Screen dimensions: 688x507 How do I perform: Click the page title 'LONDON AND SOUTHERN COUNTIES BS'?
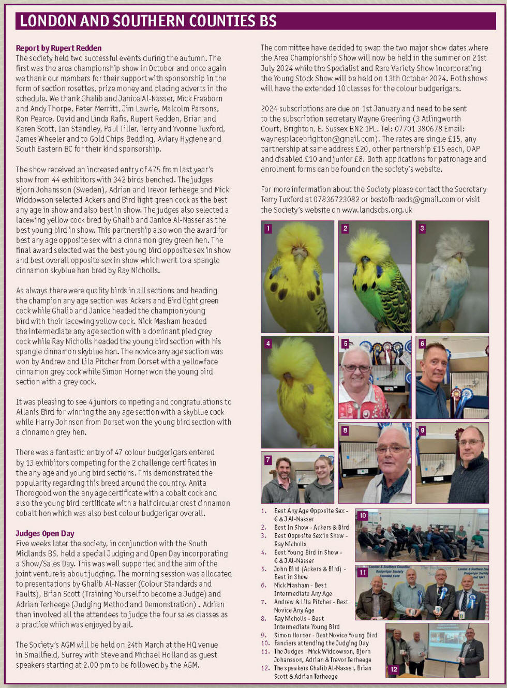coord(148,21)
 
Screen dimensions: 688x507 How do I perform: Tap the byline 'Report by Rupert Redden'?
coord(58,48)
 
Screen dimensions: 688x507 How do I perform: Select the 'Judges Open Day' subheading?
coord(45,533)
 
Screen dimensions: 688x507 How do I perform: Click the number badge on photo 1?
coord(268,228)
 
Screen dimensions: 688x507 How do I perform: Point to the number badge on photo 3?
coord(422,228)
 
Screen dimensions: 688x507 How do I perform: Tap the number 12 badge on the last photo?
coord(394,669)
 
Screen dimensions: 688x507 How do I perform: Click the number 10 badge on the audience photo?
coord(363,515)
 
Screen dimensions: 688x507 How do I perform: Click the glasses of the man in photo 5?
coord(356,368)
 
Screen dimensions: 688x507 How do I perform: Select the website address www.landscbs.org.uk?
coord(377,210)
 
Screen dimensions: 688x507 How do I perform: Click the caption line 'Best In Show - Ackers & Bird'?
coord(311,527)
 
